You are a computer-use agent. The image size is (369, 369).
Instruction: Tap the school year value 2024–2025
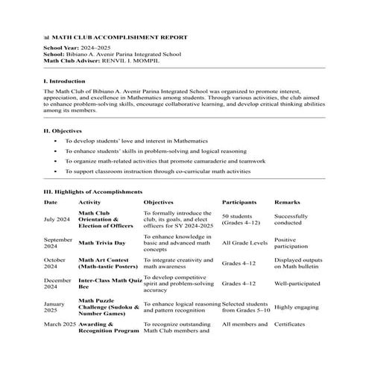click(x=98, y=47)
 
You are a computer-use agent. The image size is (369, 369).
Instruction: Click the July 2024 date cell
click(x=57, y=219)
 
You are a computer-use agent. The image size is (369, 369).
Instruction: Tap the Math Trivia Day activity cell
click(x=102, y=242)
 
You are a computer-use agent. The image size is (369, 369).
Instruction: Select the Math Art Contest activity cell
click(x=108, y=263)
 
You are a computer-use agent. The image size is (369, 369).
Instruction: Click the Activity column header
click(x=89, y=202)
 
